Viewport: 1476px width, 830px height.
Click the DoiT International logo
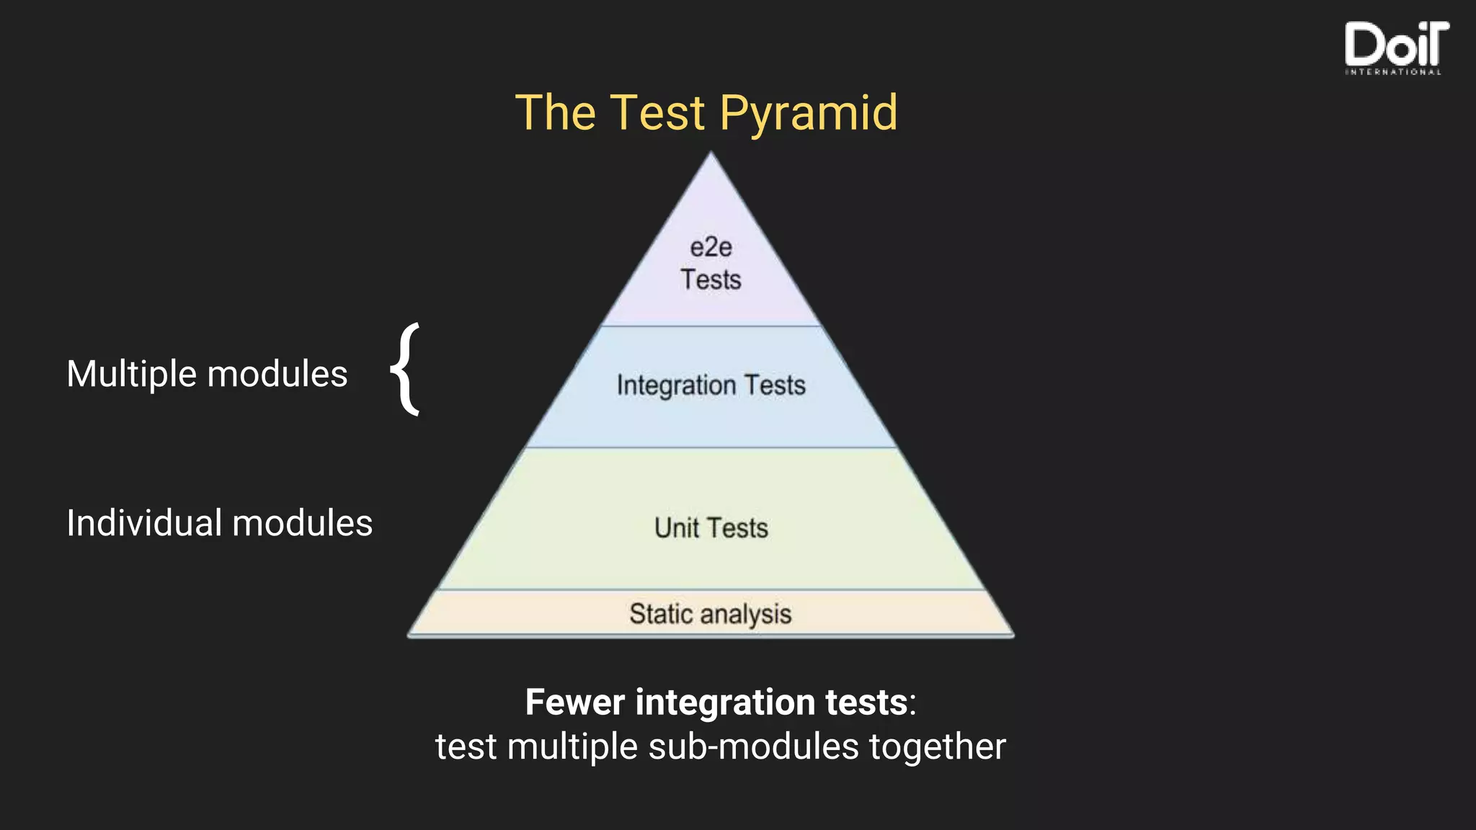1395,48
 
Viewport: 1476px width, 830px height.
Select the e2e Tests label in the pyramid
711,264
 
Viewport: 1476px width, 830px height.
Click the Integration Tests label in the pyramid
711,385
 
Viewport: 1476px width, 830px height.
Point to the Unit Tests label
711,528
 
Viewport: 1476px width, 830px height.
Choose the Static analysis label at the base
711,614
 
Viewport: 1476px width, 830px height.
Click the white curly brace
406,370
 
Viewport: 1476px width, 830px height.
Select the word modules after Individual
302,523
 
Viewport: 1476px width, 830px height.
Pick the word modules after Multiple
277,375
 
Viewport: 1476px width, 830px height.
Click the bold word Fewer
574,702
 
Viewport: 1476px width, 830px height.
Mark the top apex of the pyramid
711,154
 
